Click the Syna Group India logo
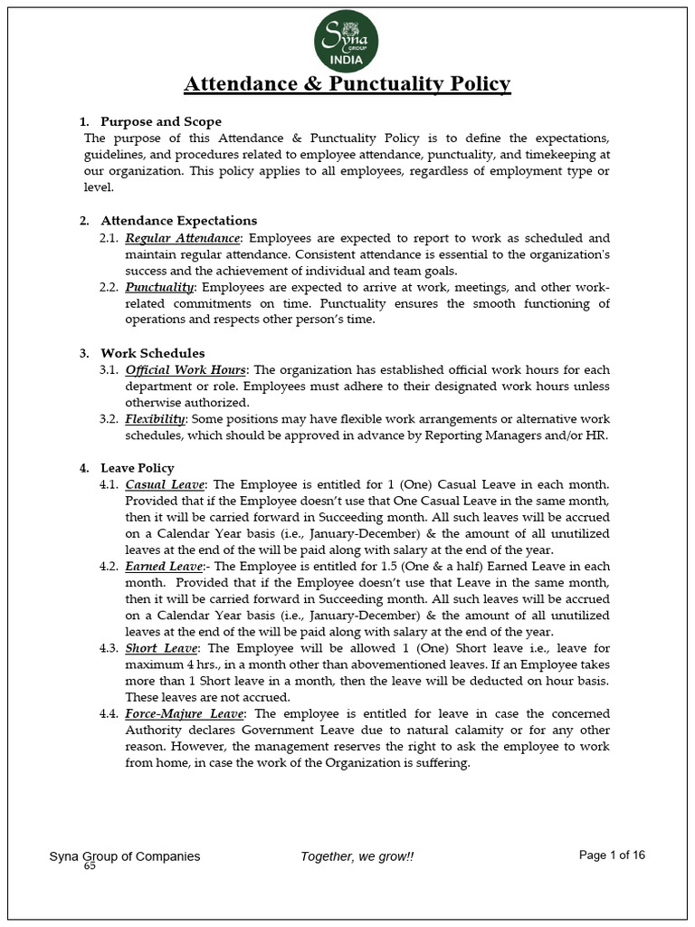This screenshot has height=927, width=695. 347,43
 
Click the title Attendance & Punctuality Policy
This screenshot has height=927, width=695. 347,84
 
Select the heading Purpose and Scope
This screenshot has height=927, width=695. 161,121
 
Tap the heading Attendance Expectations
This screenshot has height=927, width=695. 179,220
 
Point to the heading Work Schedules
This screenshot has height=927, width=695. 153,352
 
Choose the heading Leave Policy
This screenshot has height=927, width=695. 138,468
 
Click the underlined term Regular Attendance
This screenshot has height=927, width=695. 183,237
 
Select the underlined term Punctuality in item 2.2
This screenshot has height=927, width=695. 159,287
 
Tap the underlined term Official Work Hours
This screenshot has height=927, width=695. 186,369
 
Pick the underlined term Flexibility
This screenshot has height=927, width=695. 156,419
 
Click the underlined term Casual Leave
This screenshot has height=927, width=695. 165,485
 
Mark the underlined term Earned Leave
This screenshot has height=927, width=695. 165,566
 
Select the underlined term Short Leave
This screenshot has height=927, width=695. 160,648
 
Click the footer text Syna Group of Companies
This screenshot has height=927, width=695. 125,856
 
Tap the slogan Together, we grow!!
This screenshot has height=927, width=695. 357,856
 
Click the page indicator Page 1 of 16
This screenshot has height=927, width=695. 612,855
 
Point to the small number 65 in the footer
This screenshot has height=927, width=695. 90,866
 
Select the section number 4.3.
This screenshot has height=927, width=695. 108,648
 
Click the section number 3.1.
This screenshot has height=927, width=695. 108,369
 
